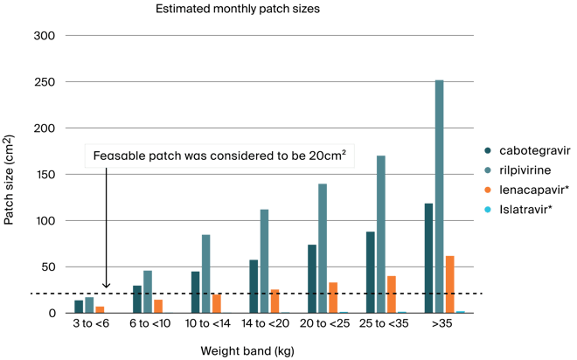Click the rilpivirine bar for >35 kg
tap(440, 197)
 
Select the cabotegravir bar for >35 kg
tap(428, 258)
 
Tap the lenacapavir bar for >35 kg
tap(450, 285)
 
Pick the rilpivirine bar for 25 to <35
tap(381, 234)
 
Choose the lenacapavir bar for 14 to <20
tap(275, 301)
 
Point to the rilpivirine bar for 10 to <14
tap(206, 274)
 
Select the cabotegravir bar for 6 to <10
tap(137, 300)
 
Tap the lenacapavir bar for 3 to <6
tap(100, 310)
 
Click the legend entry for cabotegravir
tap(527, 150)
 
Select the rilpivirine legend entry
tap(518, 170)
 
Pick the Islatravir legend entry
tap(518, 209)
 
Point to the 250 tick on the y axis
tap(45, 82)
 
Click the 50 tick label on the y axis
tap(48, 267)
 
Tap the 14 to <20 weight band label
tap(265, 323)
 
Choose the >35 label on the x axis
tap(441, 323)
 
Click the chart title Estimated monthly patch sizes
tap(238, 9)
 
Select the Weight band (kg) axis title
tap(247, 350)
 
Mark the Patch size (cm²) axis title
tap(9, 180)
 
